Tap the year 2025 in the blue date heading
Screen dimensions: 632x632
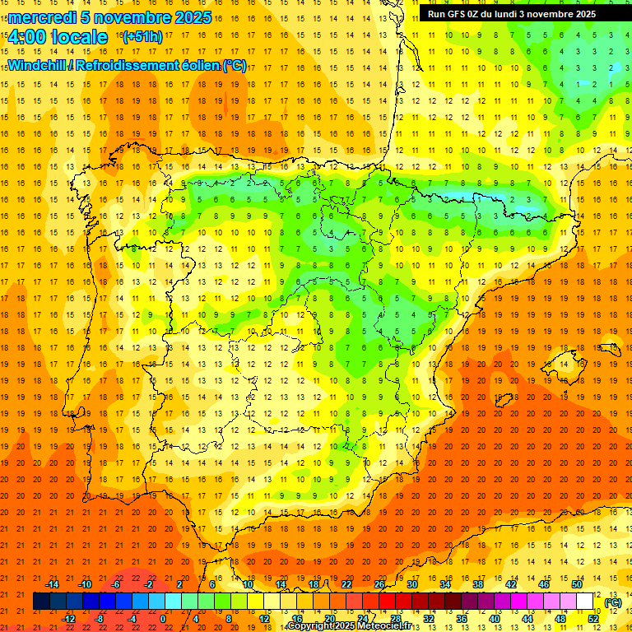pyautogui.click(x=192, y=17)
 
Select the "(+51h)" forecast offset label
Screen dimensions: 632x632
pyautogui.click(x=142, y=37)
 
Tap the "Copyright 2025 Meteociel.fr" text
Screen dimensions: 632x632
pyautogui.click(x=349, y=626)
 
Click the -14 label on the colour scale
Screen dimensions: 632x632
pyautogui.click(x=52, y=584)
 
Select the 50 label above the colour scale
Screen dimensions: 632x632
pyautogui.click(x=577, y=584)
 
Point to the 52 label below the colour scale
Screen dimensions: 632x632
pyautogui.click(x=593, y=619)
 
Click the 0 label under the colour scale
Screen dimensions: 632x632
pyautogui.click(x=164, y=619)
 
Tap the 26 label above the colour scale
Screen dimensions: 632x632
pyautogui.click(x=379, y=584)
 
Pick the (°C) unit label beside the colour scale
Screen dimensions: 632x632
pyautogui.click(x=613, y=602)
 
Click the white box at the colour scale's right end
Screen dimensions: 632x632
pyautogui.click(x=585, y=602)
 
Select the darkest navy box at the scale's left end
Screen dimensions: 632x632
pyautogui.click(x=41, y=602)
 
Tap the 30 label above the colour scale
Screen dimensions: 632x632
pyautogui.click(x=412, y=584)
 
